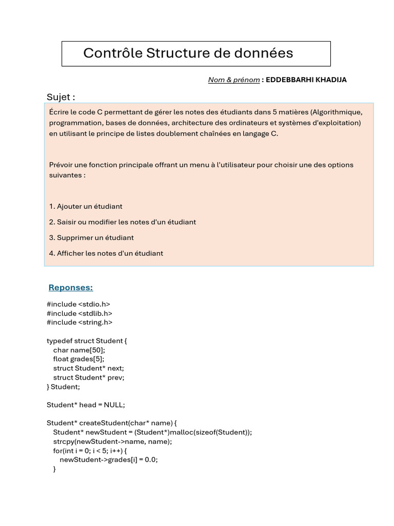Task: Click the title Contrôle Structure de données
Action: pos(188,53)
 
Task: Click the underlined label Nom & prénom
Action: pos(233,80)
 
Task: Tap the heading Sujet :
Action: pos(61,97)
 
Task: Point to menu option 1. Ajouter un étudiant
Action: pos(86,206)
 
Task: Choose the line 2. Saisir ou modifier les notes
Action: pos(123,222)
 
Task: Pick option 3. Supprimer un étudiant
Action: pos(91,237)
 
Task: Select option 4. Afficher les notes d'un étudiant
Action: pos(106,253)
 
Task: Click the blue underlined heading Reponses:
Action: pos(70,287)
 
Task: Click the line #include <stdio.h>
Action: pos(78,304)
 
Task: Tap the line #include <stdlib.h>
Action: pos(80,313)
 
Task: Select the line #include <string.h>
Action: pos(80,322)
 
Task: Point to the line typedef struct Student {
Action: pos(86,341)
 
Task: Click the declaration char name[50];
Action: pos(79,350)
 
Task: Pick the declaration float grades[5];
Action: pos(82,359)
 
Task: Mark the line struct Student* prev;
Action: pos(89,377)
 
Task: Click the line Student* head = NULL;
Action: pos(86,405)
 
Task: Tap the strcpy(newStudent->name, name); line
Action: pos(113,441)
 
